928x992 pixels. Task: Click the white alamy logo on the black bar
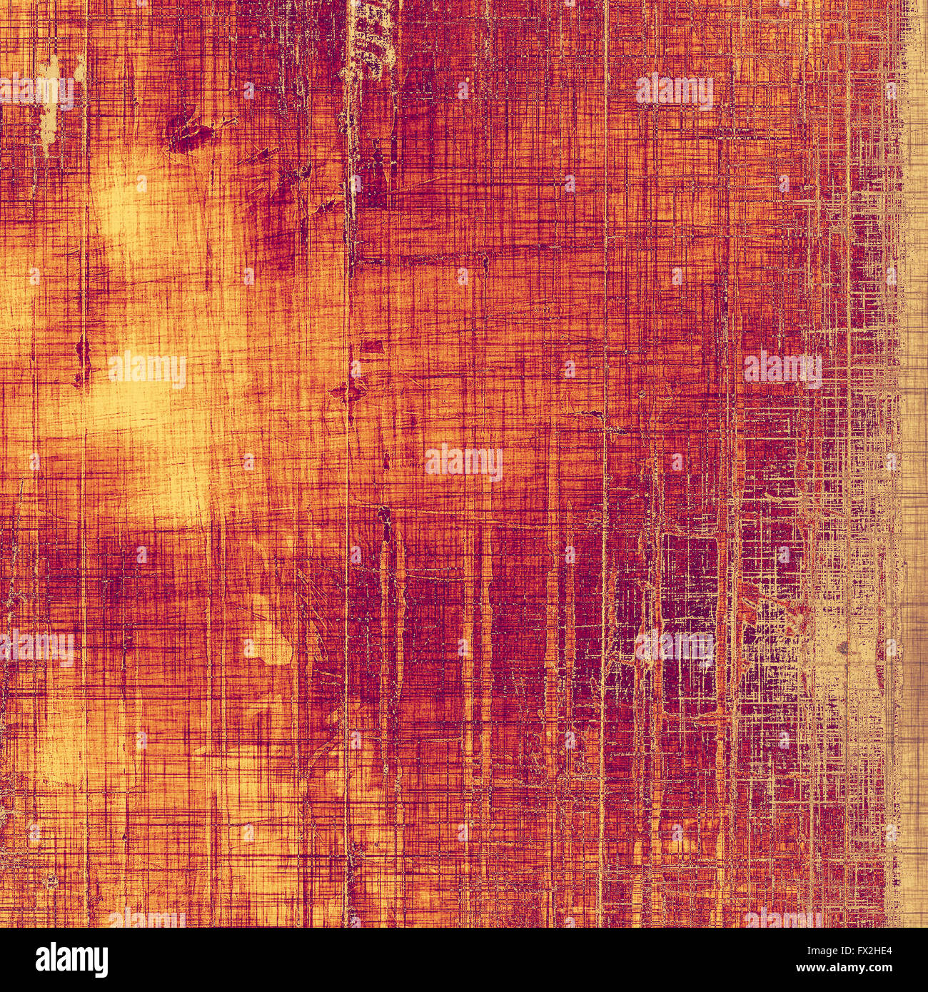click(x=71, y=959)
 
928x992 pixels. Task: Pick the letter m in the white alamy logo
click(x=83, y=961)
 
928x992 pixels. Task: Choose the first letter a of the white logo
click(x=43, y=961)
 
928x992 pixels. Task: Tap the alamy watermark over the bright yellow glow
click(x=147, y=370)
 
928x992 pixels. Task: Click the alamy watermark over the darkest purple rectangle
click(x=675, y=647)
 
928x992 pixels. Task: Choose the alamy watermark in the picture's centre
click(x=464, y=462)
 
